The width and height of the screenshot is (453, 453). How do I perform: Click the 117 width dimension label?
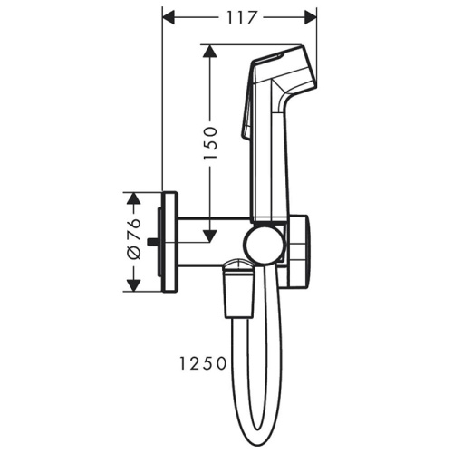241,18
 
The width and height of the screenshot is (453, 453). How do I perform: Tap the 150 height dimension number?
210,143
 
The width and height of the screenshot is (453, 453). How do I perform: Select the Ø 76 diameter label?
134,239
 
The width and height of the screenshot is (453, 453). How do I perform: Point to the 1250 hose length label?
203,363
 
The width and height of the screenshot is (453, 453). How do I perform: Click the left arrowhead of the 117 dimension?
169,17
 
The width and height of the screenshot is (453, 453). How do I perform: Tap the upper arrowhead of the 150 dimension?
210,52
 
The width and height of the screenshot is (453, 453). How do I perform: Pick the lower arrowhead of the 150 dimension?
210,236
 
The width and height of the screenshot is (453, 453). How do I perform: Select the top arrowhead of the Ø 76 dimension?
133,198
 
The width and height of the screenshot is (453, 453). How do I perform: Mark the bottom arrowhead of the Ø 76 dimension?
133,285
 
